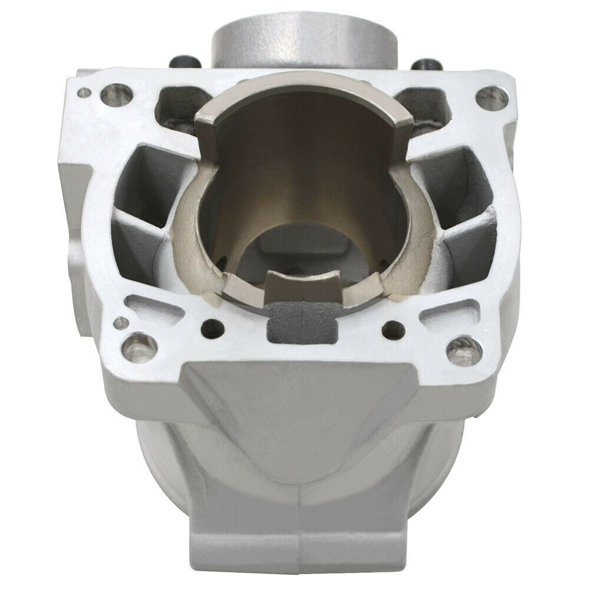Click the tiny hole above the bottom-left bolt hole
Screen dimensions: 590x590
point(120,322)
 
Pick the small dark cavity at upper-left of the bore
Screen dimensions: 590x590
point(180,106)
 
